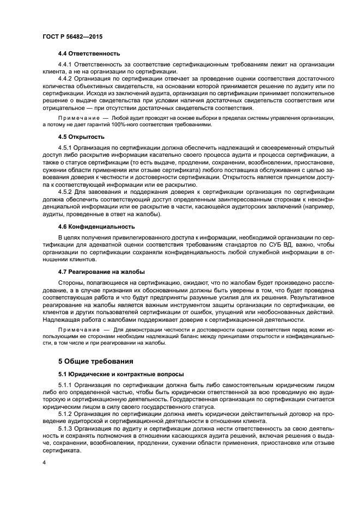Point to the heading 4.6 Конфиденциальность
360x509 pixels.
coord(96,226)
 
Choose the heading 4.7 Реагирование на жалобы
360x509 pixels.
coord(102,272)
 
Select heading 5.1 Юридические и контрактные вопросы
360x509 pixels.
coord(121,374)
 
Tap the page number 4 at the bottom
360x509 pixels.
coord(44,463)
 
